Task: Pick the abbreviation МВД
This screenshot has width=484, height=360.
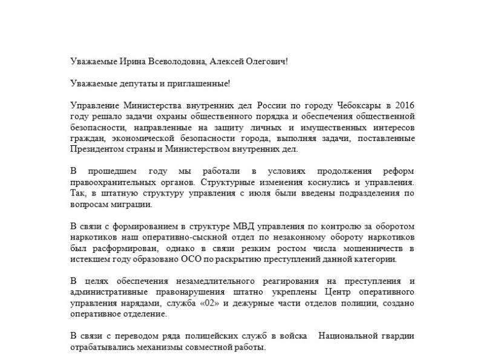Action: [232, 227]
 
